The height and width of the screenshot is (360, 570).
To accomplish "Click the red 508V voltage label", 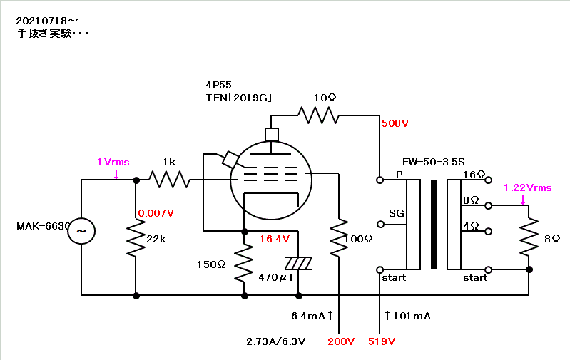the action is click(x=395, y=123).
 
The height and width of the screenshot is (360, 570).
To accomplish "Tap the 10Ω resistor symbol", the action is click(x=318, y=115).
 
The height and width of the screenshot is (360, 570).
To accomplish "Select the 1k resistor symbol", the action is click(x=169, y=180).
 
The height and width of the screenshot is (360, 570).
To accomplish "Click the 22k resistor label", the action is click(x=156, y=239).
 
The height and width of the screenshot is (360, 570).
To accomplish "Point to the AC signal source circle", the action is click(x=81, y=231).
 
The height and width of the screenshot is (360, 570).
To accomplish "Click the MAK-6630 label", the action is click(x=44, y=226).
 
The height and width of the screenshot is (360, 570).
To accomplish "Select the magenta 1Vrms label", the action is click(x=113, y=162).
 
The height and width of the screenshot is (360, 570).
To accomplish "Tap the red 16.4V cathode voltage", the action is click(x=275, y=239).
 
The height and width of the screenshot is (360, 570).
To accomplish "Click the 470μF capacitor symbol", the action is click(x=298, y=263).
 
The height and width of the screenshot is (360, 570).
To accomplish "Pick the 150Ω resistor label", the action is click(x=211, y=264).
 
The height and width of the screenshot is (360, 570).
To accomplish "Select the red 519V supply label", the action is click(x=382, y=341).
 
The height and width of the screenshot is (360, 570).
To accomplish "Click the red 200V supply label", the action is click(x=341, y=341).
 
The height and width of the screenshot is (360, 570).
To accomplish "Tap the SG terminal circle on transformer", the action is click(x=380, y=225).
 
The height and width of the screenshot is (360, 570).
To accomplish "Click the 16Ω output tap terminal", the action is click(x=489, y=180).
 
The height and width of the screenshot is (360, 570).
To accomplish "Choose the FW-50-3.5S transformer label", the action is click(x=433, y=162).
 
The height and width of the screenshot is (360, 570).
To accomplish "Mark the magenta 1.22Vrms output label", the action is click(x=527, y=187).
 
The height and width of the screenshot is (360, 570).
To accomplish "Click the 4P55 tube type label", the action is click(x=218, y=85).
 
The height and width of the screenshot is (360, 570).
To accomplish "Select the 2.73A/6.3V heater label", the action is click(x=275, y=341).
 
